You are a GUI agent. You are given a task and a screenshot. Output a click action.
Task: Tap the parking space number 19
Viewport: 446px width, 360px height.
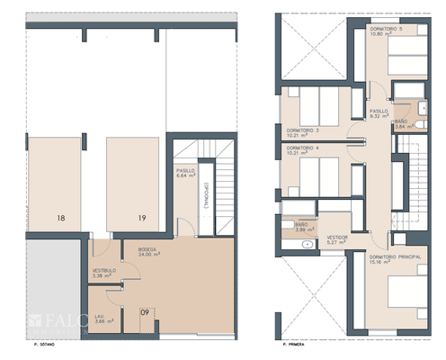[x=142, y=218]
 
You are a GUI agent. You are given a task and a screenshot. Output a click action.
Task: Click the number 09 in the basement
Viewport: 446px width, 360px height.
[x=145, y=313]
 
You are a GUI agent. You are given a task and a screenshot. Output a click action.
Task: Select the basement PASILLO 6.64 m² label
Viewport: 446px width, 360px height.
[x=185, y=174]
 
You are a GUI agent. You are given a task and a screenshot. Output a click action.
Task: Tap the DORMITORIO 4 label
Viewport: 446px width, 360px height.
[x=303, y=150]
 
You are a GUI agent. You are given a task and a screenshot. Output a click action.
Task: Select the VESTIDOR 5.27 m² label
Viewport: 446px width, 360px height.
[x=338, y=239]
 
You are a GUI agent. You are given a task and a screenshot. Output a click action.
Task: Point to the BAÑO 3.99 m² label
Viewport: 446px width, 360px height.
[x=301, y=227]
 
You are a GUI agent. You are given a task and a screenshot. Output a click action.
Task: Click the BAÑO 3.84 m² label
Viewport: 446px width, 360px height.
[x=401, y=124]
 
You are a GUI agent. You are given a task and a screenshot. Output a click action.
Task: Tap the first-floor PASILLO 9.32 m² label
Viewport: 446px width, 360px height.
[x=379, y=112]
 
